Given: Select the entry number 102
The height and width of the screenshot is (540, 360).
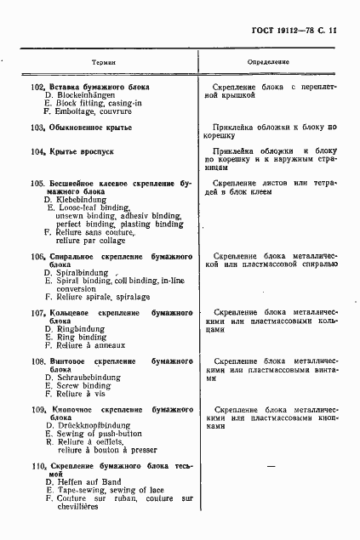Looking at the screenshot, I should [37, 88].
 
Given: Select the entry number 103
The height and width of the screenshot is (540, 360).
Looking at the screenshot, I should [37, 128].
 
